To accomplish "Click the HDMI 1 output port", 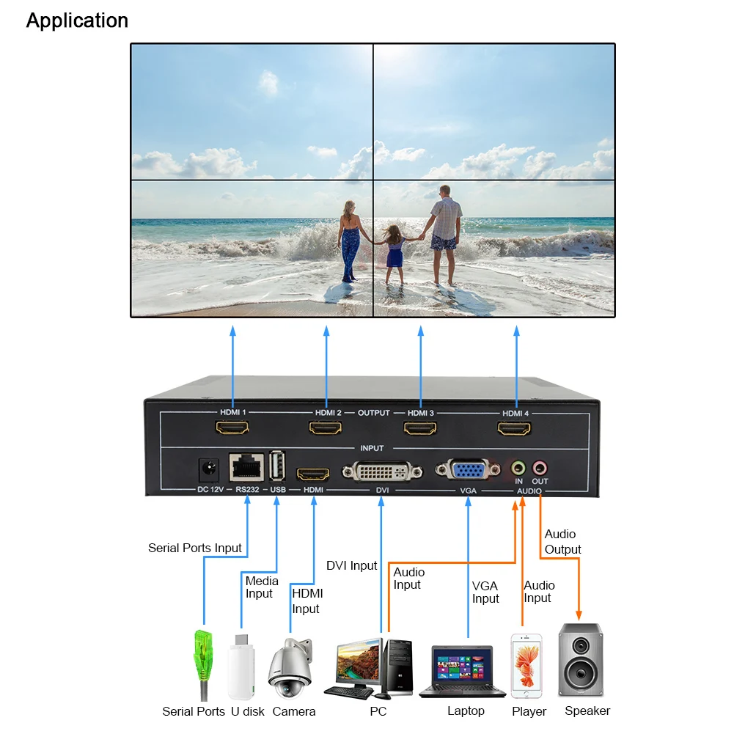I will tap(232, 427).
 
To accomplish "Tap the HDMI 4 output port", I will tap(515, 427).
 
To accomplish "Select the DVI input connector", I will tap(381, 469).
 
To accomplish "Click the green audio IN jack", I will tap(518, 466).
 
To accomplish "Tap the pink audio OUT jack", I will tap(540, 466).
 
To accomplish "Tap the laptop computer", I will tap(462, 671).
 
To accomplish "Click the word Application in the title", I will tap(77, 21).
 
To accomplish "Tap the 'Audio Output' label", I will tap(562, 542).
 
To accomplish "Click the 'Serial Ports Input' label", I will tap(194, 548).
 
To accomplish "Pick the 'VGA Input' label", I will tap(485, 592).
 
